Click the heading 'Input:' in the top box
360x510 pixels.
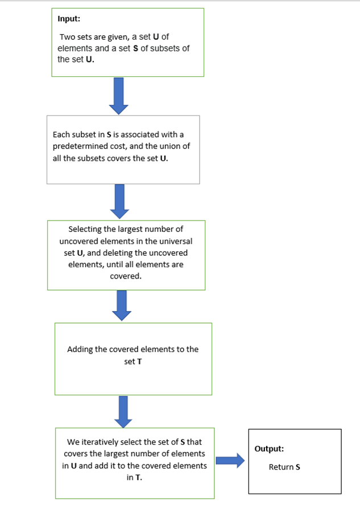click(69, 19)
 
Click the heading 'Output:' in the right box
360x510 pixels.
click(269, 449)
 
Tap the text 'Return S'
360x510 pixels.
click(284, 467)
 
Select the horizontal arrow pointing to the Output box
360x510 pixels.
click(230, 461)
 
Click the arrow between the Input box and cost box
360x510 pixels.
click(118, 95)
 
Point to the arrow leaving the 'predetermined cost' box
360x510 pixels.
click(119, 201)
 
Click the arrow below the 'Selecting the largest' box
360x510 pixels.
click(120, 305)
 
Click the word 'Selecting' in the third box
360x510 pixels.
click(85, 229)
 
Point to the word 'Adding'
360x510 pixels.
click(79, 349)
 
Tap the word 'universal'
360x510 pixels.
click(175, 241)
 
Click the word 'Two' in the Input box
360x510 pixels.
click(67, 37)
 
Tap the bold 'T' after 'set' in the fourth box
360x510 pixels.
click(139, 361)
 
